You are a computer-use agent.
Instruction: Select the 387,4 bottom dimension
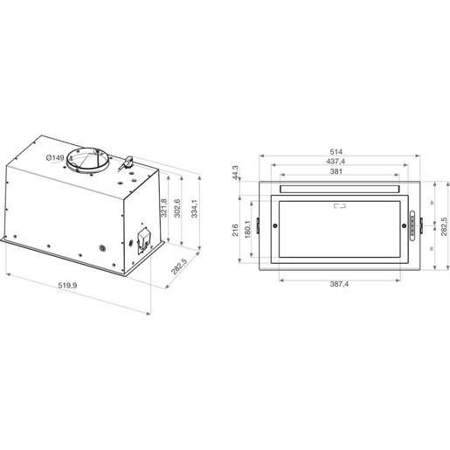coord(338,286)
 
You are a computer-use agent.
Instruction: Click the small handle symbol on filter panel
coord(339,207)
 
